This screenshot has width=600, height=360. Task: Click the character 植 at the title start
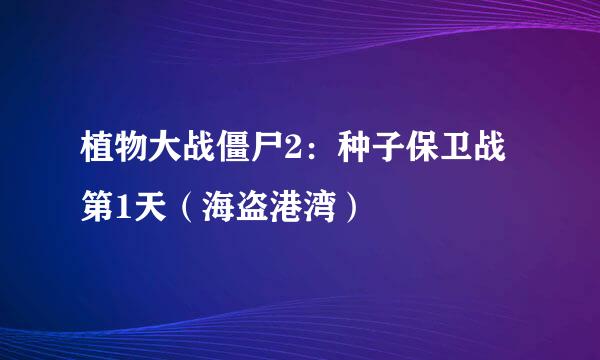pos(98,161)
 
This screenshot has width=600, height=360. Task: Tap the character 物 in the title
pos(133,161)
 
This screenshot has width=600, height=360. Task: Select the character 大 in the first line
pos(168,161)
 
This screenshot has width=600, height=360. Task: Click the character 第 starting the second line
pos(98,210)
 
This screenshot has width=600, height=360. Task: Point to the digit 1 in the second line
pos(125,210)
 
